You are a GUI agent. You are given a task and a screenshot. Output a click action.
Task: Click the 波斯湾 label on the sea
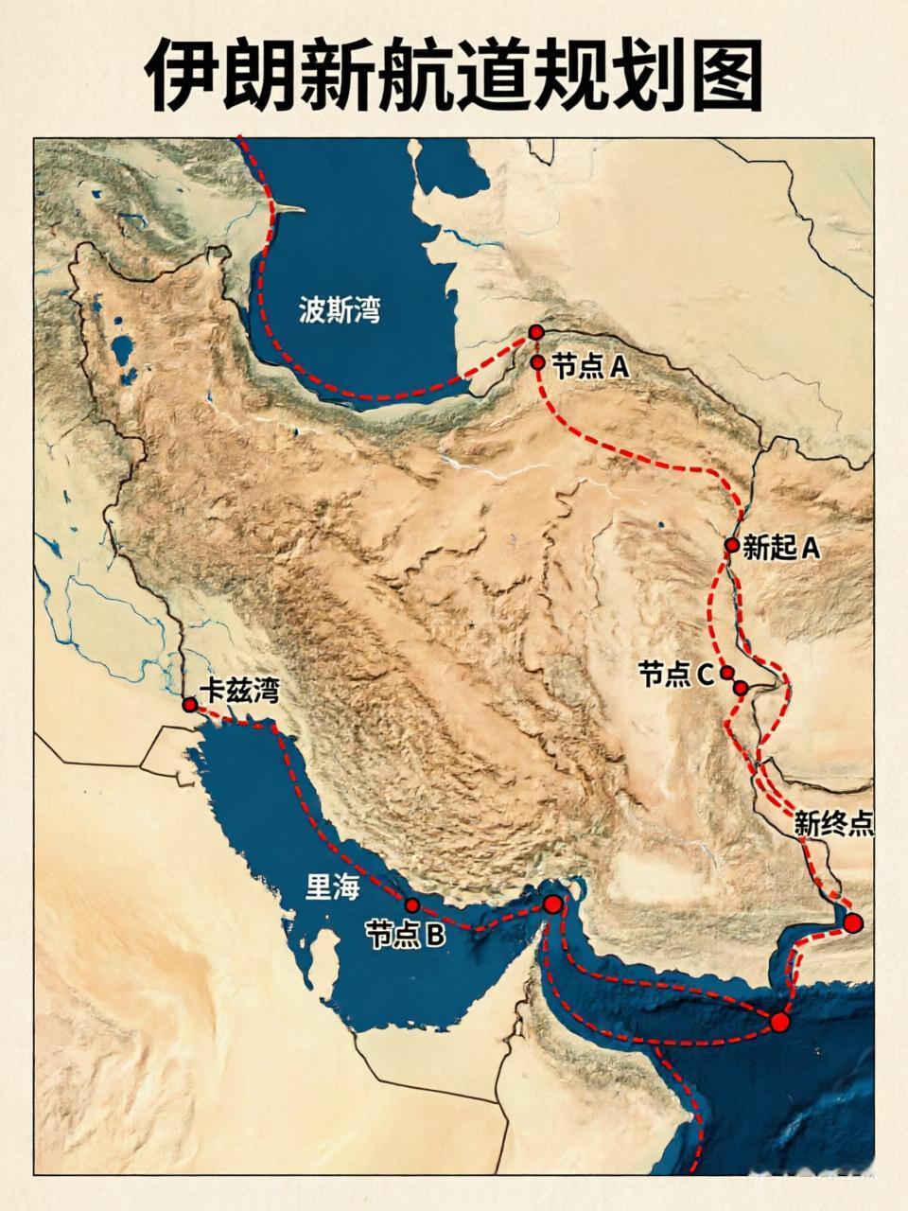340,310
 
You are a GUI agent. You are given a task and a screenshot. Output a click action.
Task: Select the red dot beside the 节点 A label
537,361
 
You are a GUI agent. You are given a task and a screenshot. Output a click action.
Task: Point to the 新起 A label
781,548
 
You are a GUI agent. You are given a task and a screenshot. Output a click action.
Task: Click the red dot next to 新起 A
731,545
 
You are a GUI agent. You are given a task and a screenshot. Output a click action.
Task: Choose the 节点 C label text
675,675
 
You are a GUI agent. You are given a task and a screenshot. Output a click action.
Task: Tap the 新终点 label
832,823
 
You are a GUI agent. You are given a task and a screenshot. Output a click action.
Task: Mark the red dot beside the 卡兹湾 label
190,705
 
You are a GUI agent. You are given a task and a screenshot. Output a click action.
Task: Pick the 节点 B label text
405,935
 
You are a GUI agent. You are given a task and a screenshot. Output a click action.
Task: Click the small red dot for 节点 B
411,904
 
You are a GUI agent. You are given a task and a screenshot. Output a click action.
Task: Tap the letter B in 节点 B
434,935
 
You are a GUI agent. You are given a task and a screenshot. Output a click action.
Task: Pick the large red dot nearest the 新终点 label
854,923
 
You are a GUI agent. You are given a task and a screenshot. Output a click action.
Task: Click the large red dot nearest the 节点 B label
553,904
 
